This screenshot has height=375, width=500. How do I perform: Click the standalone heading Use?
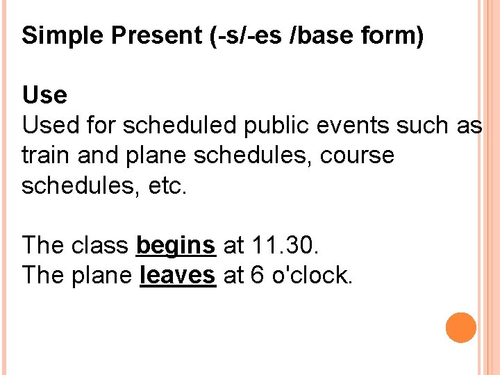pyautogui.click(x=44, y=94)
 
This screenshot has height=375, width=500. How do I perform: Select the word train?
pyautogui.click(x=47, y=155)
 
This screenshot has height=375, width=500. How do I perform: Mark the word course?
pyautogui.click(x=357, y=155)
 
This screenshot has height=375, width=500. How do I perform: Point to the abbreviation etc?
pyautogui.click(x=166, y=185)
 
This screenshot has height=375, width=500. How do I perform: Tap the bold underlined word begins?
pyautogui.click(x=176, y=245)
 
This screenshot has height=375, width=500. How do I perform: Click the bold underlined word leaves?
pyautogui.click(x=178, y=275)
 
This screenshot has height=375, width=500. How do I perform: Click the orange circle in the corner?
pyautogui.click(x=461, y=328)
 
